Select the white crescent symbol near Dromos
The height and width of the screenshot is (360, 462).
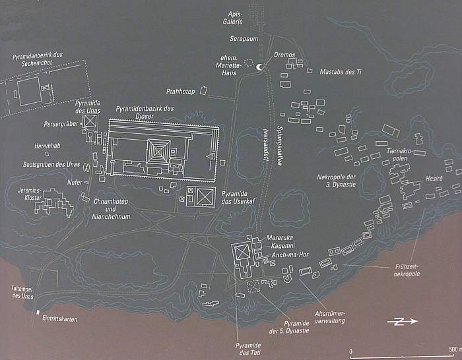click(x=259, y=67)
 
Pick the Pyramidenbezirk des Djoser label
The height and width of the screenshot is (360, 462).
click(x=145, y=112)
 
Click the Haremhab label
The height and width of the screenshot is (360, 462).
click(x=47, y=145)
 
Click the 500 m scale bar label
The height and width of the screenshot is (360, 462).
click(x=453, y=349)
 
